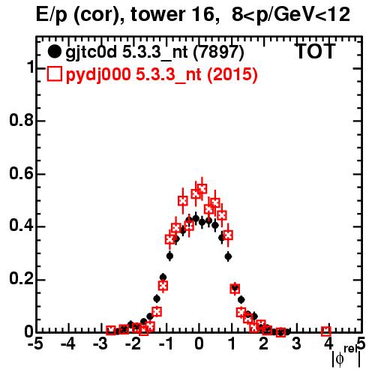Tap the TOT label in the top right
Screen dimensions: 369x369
click(x=316, y=51)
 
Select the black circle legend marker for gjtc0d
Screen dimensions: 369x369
click(x=54, y=52)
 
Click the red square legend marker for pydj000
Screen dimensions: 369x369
click(x=54, y=74)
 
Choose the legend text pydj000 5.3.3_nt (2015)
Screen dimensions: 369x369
click(x=162, y=75)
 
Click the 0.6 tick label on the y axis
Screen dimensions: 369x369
click(x=22, y=173)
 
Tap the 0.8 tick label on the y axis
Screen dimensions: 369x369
click(x=22, y=120)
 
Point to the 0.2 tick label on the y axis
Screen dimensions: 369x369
click(x=22, y=279)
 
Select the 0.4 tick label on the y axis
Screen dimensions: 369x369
click(x=22, y=226)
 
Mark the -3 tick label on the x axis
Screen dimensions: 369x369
click(x=100, y=344)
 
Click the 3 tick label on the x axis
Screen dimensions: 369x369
click(x=296, y=344)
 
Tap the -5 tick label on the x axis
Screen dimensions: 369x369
click(x=35, y=344)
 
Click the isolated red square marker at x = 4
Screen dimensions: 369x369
click(x=326, y=331)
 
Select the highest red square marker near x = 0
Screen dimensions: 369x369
click(x=202, y=189)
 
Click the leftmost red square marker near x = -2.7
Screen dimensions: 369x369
click(x=111, y=331)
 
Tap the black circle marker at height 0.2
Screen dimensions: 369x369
click(x=163, y=277)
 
